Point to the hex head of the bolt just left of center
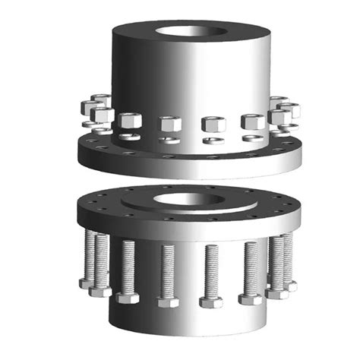tap(169, 302)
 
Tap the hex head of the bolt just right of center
tap(210, 302)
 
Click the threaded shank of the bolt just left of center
tap(169, 270)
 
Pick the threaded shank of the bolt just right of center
tap(210, 270)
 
